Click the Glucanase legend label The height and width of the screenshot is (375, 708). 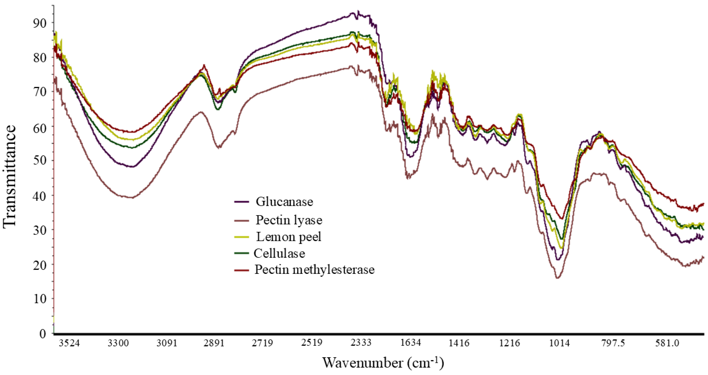[284, 202]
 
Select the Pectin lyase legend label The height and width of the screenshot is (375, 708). [289, 220]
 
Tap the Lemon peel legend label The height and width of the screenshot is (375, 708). [289, 237]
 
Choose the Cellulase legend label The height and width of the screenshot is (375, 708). [279, 253]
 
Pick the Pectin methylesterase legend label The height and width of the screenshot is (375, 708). [315, 269]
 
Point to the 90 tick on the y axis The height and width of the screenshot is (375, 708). [39, 23]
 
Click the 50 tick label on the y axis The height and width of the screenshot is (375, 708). [39, 161]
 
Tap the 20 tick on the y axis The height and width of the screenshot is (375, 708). [39, 264]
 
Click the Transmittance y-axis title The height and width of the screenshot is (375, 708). [9, 176]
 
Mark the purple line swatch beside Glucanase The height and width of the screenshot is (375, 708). [242, 202]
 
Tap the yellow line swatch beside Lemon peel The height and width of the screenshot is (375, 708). [242, 237]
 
